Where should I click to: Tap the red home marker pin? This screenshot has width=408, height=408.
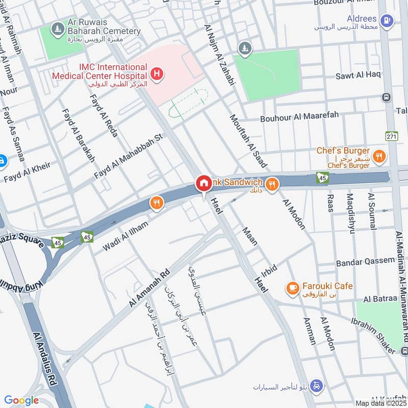(203, 183)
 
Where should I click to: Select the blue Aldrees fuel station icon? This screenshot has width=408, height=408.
(388, 20)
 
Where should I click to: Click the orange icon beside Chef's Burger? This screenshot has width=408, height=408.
(378, 156)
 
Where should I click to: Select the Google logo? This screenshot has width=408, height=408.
(21, 400)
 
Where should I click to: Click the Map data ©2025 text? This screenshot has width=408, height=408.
(381, 403)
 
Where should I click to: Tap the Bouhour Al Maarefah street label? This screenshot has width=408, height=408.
(299, 117)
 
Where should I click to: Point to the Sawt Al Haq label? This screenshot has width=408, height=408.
(358, 75)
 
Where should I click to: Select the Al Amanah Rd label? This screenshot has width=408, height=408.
(149, 288)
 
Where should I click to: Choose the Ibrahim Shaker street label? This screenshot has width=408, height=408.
(373, 336)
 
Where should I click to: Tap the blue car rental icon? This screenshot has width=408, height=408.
(317, 386)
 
